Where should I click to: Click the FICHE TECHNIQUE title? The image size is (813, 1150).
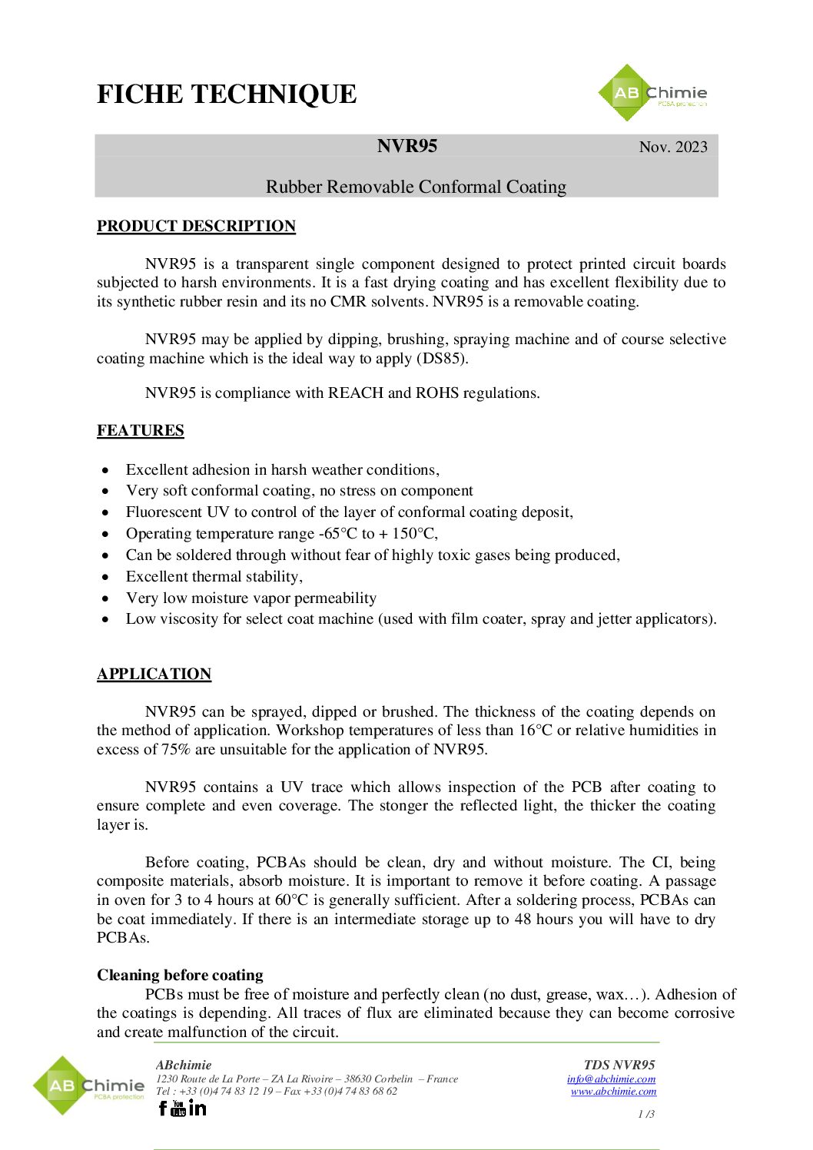point(227,94)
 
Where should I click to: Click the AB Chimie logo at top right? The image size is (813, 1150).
point(652,93)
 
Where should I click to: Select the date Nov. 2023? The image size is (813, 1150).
point(673,147)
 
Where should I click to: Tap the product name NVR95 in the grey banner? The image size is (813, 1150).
point(407,146)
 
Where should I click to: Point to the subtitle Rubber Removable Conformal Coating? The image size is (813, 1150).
point(416,187)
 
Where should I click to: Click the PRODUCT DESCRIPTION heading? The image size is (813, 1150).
point(196,226)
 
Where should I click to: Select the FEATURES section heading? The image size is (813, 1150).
point(141,430)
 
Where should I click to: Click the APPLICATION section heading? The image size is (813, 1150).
point(154,674)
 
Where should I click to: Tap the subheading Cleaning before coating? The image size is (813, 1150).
point(180,975)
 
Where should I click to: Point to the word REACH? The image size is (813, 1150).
point(356,393)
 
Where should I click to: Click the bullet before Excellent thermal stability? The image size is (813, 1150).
point(106,577)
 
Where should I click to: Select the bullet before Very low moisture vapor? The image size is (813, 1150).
point(106,598)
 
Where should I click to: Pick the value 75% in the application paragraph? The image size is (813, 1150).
point(175,749)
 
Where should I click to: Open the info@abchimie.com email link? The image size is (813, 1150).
point(611,1079)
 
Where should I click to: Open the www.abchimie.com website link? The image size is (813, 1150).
point(613,1091)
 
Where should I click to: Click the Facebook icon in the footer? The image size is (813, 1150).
point(162,1108)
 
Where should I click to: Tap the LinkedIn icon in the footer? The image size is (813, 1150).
point(197,1107)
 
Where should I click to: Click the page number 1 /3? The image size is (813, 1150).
point(646,1114)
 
